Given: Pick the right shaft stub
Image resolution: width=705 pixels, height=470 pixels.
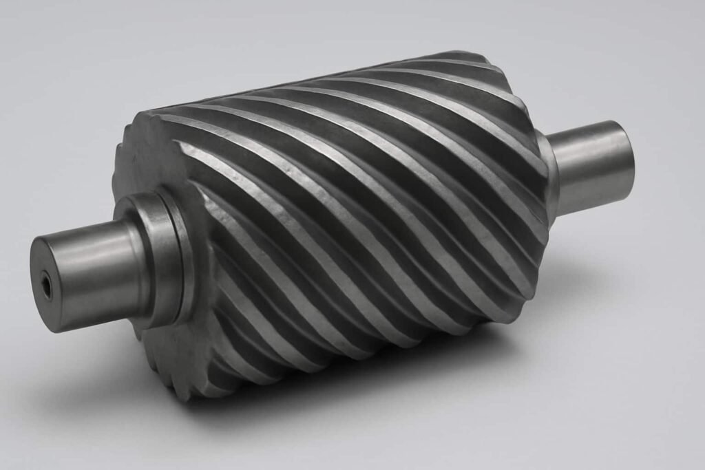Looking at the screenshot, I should click(x=592, y=165).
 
